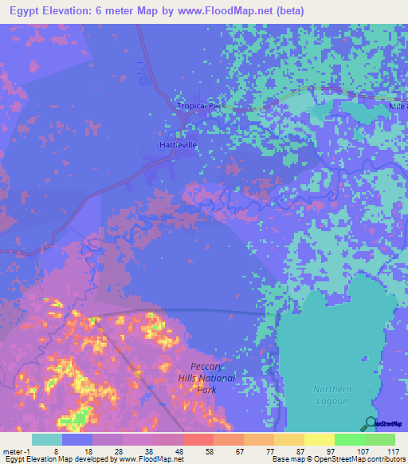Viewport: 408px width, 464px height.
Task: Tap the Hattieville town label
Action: [x=178, y=145]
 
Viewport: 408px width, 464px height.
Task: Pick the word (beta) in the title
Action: [x=285, y=9]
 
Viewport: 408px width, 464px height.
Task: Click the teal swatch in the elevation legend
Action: [x=47, y=440]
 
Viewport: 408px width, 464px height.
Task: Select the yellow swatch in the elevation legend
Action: [x=319, y=440]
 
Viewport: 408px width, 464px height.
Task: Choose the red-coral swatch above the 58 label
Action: [x=198, y=440]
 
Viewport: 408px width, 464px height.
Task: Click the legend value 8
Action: [x=57, y=450]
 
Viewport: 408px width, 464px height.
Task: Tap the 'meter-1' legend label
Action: [x=15, y=450]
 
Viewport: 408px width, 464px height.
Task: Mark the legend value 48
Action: [x=179, y=450]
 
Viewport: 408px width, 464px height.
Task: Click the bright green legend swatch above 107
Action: [x=349, y=440]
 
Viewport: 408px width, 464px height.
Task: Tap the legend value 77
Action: [x=272, y=450]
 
